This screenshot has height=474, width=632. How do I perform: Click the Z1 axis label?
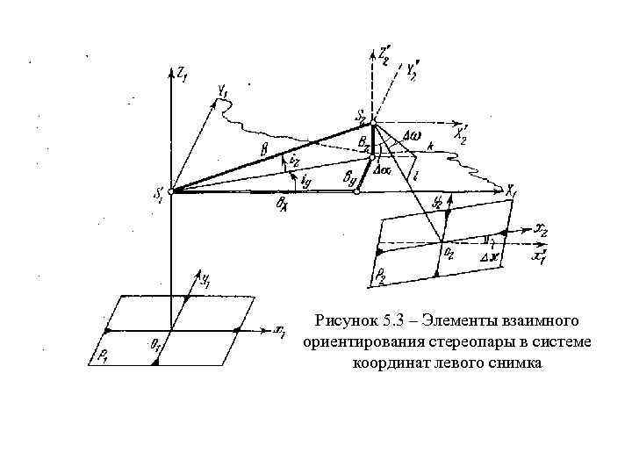pos(183,75)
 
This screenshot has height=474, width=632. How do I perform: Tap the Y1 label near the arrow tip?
pos(223,90)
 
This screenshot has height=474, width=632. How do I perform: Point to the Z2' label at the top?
pos(383,52)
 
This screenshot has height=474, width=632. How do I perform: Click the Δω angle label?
pos(411,134)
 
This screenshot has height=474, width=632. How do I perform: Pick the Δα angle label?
pos(383,167)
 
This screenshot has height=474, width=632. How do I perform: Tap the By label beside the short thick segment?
pos(352,176)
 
